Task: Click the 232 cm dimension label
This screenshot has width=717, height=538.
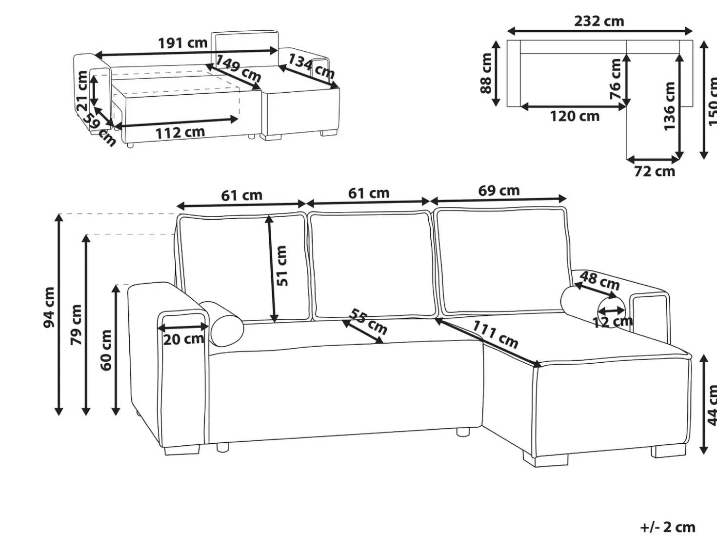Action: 599,21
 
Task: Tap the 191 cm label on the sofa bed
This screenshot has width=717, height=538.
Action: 182,43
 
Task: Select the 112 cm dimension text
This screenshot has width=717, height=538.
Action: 180,133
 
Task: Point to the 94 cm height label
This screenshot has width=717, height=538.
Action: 49,307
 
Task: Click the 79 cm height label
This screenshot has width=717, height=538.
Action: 76,325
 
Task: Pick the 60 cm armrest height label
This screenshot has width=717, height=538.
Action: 106,350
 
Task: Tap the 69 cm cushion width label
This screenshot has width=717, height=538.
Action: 499,190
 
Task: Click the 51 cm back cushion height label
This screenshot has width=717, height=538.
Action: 282,266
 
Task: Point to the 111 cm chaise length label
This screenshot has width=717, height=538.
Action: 496,334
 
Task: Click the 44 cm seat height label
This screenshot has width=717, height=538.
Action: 713,405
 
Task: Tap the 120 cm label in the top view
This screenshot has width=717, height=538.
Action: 575,116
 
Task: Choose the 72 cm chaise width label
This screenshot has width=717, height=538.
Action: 655,171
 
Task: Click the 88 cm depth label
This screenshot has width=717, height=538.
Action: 486,73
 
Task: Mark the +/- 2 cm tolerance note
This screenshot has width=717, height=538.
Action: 668,527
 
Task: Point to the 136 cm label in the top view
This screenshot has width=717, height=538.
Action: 670,105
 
